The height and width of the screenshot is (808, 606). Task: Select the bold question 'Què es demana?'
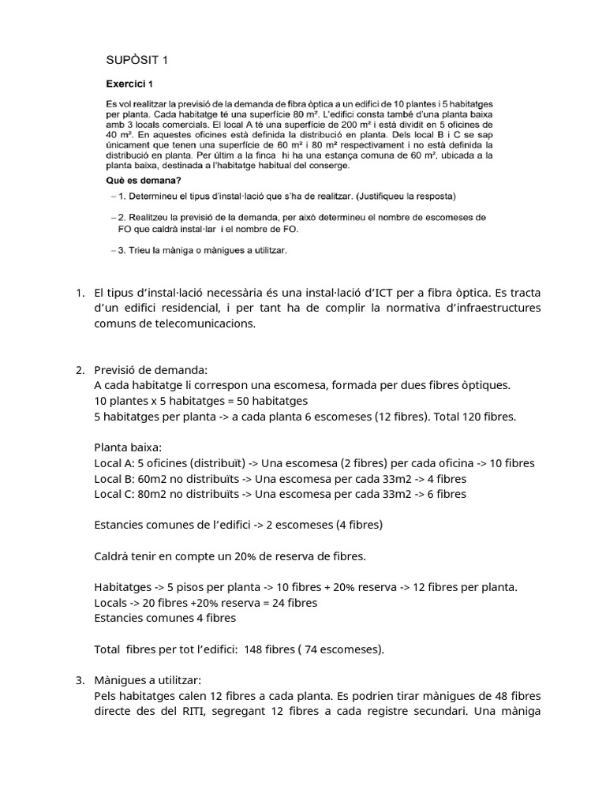point(140,180)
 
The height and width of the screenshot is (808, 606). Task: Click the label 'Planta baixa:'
point(127,447)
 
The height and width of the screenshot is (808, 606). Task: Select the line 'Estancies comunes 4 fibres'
point(165,618)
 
